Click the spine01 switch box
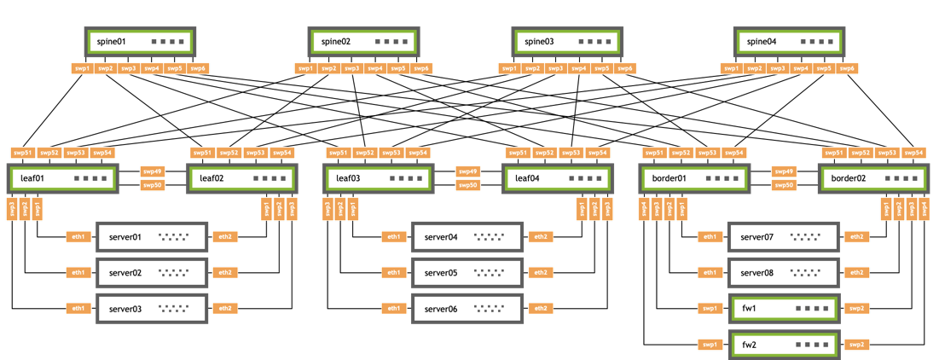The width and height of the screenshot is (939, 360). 141,41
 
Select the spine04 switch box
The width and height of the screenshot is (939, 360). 790,41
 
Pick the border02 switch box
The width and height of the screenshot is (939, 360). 873,179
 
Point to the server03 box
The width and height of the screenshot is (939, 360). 153,309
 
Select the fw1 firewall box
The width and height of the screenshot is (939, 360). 782,309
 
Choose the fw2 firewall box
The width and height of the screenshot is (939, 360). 782,345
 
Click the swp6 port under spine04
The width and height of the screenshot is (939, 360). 847,68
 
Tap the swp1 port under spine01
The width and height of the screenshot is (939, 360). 82,68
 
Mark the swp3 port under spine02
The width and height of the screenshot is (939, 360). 351,68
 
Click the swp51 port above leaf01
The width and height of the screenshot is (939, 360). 23,153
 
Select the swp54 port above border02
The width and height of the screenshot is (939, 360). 913,153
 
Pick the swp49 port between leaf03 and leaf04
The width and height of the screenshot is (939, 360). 467,171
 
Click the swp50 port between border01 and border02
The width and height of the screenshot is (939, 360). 783,185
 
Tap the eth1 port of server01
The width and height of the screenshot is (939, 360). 78,236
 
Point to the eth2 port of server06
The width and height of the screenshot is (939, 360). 541,309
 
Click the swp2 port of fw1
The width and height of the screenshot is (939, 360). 856,309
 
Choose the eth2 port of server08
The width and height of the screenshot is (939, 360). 856,273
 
